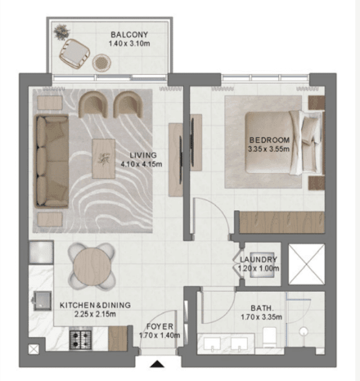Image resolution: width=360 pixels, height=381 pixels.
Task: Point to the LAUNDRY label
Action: coord(259,259)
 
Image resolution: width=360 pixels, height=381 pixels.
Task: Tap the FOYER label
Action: coord(159,326)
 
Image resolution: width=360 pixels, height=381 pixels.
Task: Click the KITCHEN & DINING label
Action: coord(96,305)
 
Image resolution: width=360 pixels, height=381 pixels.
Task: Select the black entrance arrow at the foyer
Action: coord(158,363)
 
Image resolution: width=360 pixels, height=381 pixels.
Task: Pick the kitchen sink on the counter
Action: coord(41,300)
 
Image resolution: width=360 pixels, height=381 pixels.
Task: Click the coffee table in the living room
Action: coord(103,158)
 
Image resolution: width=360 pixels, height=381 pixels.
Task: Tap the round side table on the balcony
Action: coord(101,62)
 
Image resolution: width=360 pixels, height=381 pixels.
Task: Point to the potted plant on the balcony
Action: coord(61,31)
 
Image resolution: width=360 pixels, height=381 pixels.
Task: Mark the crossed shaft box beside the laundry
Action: coord(306,264)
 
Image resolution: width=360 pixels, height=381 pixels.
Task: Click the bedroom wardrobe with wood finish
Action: coord(282,222)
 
